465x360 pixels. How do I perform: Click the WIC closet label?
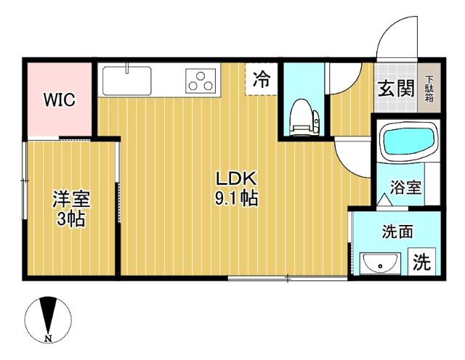(59, 100)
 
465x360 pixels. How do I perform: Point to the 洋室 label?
(70, 198)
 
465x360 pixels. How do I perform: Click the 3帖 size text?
(70, 218)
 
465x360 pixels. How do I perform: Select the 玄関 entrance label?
(395, 89)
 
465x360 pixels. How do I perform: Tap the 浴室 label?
(405, 187)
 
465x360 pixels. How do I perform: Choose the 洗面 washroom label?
(397, 232)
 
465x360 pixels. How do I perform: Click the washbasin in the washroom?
(379, 263)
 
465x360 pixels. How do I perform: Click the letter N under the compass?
(47, 338)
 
